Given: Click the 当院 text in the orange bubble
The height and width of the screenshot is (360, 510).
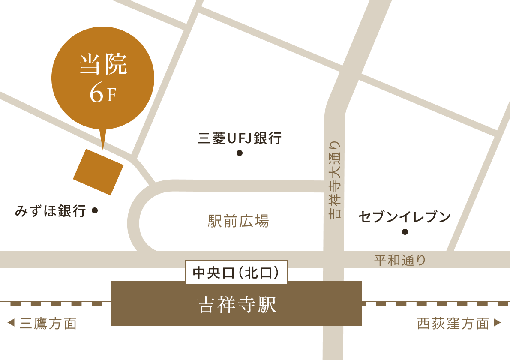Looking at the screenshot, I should click(x=103, y=65).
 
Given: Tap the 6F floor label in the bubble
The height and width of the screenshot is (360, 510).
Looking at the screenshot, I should click(x=103, y=95).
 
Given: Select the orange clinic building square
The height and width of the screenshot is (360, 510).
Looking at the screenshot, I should click(x=98, y=172).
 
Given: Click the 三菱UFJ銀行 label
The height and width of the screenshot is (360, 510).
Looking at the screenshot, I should click(x=240, y=138).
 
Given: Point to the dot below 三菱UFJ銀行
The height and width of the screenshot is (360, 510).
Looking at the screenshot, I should click(x=240, y=153).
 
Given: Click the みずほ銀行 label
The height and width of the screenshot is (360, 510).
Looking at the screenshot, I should click(x=51, y=211).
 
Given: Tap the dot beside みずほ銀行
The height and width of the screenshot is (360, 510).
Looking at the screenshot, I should click(x=95, y=210).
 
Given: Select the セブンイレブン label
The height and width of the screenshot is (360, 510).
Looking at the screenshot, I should click(x=405, y=217).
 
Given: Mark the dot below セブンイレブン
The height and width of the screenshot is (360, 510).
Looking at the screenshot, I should click(x=405, y=232).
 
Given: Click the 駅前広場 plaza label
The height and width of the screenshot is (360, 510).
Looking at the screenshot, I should click(x=238, y=221).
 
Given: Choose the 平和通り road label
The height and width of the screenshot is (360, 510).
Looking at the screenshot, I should click(x=400, y=260).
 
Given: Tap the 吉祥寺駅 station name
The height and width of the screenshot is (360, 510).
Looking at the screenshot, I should click(x=237, y=305).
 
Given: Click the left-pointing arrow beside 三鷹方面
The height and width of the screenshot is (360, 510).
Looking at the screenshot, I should click(x=12, y=323).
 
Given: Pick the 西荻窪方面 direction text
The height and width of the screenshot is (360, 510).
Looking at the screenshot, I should click(x=453, y=324).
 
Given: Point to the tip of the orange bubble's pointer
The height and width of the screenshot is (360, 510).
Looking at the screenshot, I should click(x=103, y=149).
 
